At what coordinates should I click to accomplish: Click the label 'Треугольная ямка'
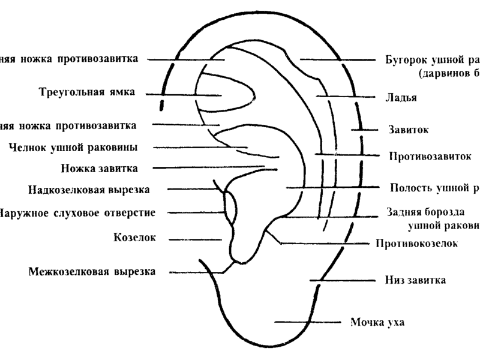[x=86, y=93]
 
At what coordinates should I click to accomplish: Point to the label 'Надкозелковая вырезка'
[x=88, y=190]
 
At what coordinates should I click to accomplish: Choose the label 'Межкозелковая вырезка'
[x=92, y=271]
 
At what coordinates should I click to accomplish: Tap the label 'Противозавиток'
[x=428, y=157]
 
